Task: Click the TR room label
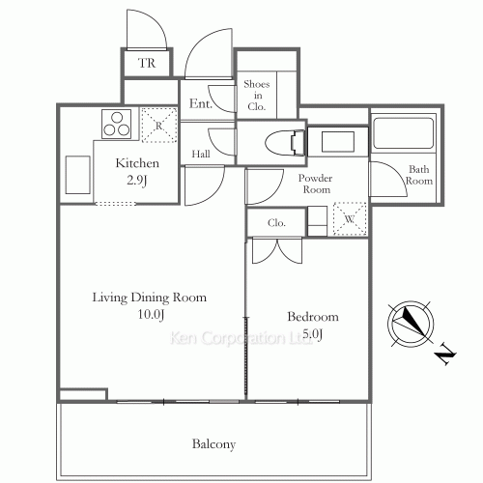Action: coord(147,63)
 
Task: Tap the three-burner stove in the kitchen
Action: coord(117,124)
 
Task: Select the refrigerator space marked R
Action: coord(159,125)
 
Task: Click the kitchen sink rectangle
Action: coord(77,175)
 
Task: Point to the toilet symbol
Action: coord(285,142)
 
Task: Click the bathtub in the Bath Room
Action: coord(403,133)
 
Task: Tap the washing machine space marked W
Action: coord(350,218)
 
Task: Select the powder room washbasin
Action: coord(338,142)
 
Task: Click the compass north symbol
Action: coord(411,323)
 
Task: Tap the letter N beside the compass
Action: coord(445,355)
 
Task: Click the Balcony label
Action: coord(213,444)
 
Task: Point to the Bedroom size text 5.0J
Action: coord(313,334)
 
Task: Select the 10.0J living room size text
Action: coord(151,314)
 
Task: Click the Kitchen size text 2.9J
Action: coord(137,181)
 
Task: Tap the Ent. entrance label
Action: coord(201,103)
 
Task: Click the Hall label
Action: coord(201,154)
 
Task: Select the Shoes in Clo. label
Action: coord(257,96)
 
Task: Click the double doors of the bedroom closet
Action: coord(277,250)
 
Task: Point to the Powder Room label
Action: coord(316,184)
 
